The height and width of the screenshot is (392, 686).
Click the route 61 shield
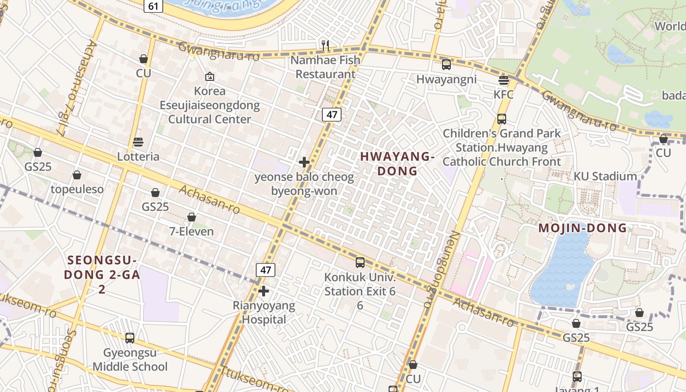(153, 6)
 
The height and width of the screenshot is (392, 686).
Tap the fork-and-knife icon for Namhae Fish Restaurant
(325, 46)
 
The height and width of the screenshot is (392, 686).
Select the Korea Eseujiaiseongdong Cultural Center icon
(210, 76)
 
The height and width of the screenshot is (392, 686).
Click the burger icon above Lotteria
(138, 142)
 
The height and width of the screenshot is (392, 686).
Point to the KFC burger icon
(504, 80)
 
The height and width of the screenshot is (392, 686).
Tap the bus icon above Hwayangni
(446, 64)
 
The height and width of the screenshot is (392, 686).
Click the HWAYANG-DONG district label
(397, 164)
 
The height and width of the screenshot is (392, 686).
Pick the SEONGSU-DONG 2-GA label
(102, 274)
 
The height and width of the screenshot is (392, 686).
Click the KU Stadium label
(605, 176)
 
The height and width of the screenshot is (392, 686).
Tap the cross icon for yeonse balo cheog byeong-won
(304, 162)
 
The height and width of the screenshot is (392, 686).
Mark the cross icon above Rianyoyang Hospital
(264, 292)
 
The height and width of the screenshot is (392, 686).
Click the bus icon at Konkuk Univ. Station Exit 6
(360, 263)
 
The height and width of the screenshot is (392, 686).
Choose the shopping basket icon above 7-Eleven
(192, 217)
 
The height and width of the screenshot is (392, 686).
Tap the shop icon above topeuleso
(77, 175)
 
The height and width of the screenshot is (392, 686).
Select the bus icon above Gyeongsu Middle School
(130, 338)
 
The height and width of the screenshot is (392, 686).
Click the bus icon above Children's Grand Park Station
(501, 119)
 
